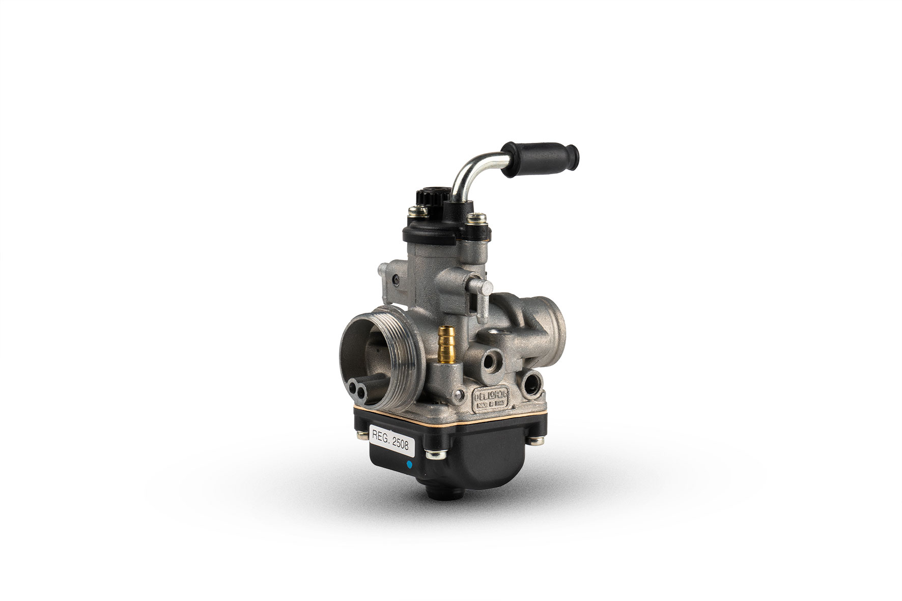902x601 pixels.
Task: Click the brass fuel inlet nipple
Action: coord(446,343)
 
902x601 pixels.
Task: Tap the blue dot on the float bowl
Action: coord(408,465)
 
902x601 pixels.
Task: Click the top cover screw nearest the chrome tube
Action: coord(473,221)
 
